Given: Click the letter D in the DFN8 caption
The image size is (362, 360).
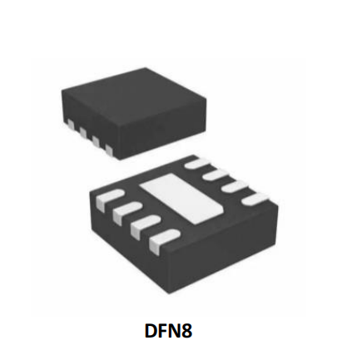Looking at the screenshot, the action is tap(151, 331).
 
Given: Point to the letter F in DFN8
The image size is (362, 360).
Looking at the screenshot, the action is tap(163, 331).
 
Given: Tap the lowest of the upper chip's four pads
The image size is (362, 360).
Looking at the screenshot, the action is tap(109, 150).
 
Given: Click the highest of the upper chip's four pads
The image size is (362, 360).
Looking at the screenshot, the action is tap(71, 125).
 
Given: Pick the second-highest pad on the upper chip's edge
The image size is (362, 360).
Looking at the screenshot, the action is tap(83, 132).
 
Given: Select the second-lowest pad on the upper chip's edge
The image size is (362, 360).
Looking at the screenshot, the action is tap(96, 141).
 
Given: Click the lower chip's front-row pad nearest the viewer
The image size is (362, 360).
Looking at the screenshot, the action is tap(164, 240).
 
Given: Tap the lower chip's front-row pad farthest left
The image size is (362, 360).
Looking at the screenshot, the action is tap(109, 198).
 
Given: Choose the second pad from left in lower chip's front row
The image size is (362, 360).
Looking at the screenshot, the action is tap(126, 212).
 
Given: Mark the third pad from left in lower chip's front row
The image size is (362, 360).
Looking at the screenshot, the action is tap(145, 226).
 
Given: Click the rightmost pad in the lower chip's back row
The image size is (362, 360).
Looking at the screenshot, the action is tap(255, 200).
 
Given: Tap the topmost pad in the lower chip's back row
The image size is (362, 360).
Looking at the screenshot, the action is tap(197, 162).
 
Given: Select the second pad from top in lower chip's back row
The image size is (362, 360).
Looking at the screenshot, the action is tap(216, 175).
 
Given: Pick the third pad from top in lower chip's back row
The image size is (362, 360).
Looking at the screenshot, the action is tap(236, 187).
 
